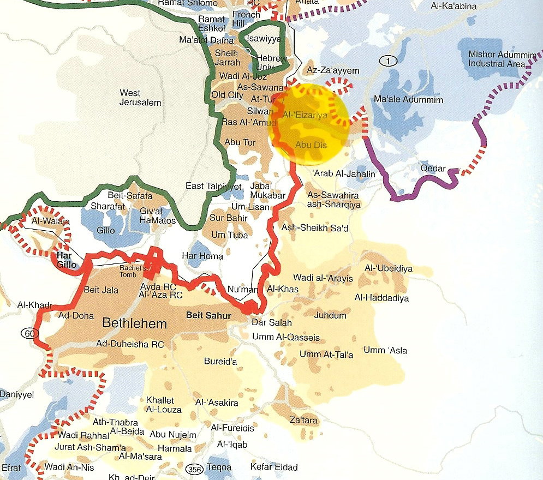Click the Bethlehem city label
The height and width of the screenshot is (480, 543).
click(134, 324)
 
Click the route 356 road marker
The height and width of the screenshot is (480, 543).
click(193, 469)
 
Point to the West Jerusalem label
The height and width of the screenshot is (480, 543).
click(140, 98)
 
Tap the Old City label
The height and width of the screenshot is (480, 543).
click(228, 95)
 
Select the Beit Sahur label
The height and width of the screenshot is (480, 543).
click(209, 315)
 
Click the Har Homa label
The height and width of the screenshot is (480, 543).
click(202, 256)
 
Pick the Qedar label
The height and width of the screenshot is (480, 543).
click(433, 169)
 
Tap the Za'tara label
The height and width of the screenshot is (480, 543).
click(304, 420)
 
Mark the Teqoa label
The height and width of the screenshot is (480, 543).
click(219, 467)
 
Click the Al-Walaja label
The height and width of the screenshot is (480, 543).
click(45, 221)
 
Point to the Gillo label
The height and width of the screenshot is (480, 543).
click(106, 230)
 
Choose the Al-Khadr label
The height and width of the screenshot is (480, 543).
click(35, 305)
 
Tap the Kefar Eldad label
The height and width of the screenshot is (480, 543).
click(274, 467)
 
